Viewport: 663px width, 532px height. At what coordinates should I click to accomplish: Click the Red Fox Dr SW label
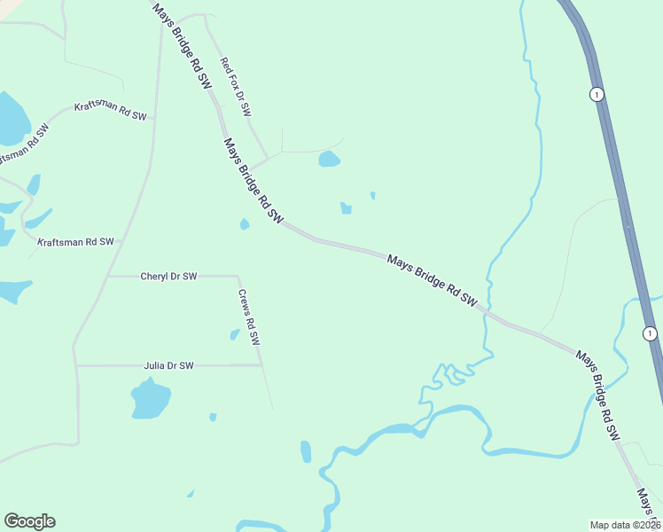237,87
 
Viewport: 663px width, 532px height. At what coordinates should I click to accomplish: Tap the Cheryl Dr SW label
168,277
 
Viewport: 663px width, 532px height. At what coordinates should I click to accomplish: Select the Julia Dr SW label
168,365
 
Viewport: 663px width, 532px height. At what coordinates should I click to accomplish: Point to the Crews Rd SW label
249,317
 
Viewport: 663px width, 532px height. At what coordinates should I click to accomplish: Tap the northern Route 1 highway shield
597,94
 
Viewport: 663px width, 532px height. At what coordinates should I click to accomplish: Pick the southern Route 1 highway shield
651,332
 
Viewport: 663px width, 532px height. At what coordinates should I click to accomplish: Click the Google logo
29,521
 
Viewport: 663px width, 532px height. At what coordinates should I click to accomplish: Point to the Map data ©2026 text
625,524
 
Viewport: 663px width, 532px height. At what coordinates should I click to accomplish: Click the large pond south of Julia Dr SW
150,399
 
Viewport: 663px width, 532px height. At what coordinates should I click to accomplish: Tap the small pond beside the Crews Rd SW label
235,334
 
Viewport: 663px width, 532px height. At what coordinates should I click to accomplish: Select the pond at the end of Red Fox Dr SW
329,160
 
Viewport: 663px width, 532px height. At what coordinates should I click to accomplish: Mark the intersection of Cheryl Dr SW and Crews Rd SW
238,276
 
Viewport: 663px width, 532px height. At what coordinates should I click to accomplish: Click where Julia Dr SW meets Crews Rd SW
261,364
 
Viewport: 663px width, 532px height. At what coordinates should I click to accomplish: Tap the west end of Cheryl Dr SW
107,277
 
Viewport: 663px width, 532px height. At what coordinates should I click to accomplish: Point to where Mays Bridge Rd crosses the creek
486,313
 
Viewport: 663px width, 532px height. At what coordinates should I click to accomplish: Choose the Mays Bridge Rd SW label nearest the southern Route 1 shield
597,395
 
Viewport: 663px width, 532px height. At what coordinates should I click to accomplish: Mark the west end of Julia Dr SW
77,365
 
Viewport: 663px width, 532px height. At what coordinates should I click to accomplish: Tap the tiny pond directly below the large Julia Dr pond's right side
213,417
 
